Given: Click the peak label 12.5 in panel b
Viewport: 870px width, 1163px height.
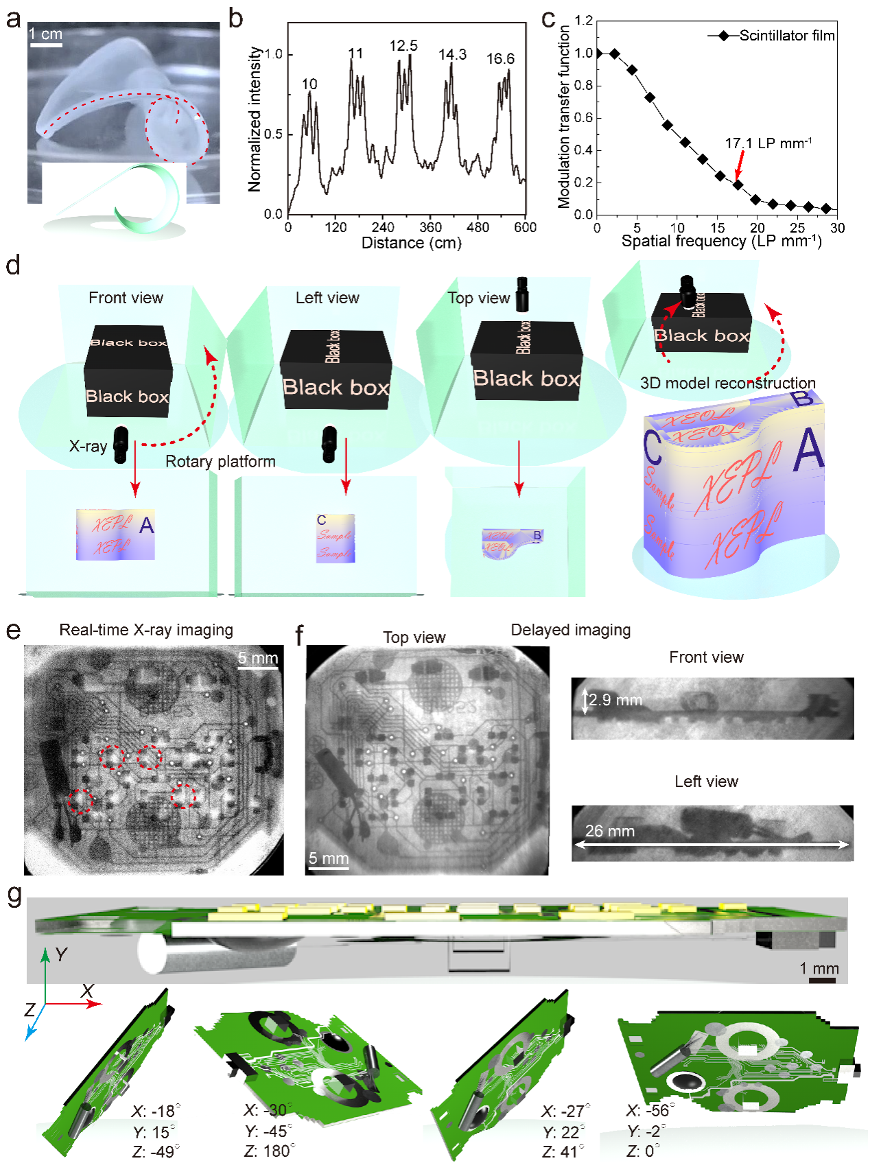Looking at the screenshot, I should click(x=403, y=46).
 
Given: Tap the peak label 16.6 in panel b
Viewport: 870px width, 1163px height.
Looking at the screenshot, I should click(x=500, y=59).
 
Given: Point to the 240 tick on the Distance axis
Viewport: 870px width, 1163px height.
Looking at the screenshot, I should click(x=383, y=227).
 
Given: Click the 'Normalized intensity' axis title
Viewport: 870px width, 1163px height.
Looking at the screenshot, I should click(x=255, y=119).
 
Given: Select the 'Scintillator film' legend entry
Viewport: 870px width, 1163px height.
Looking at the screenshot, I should click(x=786, y=36).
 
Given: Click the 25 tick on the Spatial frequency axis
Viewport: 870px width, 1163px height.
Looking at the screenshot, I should click(x=797, y=228).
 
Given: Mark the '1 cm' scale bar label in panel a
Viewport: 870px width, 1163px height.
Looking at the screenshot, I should click(x=45, y=34).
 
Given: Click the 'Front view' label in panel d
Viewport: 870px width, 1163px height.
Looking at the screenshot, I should click(x=126, y=298).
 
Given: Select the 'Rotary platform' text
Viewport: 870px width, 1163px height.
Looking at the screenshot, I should click(x=220, y=462).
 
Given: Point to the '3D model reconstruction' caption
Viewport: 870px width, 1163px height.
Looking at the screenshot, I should click(x=727, y=383).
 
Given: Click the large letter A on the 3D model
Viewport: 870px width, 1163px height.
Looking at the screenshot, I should click(x=808, y=451).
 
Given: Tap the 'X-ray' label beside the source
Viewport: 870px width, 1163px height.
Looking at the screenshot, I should click(x=88, y=446).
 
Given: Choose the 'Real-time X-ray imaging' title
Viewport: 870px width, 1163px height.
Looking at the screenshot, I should click(x=146, y=630).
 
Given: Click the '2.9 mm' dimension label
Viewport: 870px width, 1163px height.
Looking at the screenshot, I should click(x=615, y=700).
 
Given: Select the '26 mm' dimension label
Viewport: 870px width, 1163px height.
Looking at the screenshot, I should click(x=609, y=831).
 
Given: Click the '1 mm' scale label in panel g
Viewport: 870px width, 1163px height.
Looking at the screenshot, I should click(x=819, y=968).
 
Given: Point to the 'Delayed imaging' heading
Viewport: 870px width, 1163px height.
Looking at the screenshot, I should click(x=570, y=630).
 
